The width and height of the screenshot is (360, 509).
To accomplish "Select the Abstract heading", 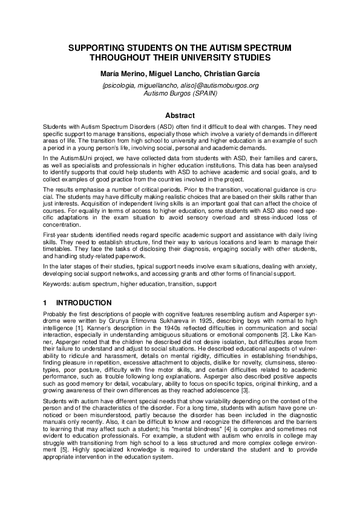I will coord(180,115).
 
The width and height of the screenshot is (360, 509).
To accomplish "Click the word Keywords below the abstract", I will coord(56,283).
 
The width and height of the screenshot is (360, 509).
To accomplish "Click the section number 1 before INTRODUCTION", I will coord(45,302).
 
